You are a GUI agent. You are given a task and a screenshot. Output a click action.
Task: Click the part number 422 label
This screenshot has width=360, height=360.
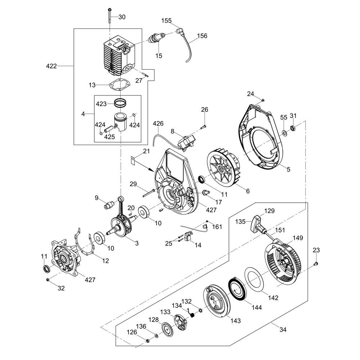51,66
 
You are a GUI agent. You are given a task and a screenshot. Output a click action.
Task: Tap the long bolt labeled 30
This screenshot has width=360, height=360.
108,20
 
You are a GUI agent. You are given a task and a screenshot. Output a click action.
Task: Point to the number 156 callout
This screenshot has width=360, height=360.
202,36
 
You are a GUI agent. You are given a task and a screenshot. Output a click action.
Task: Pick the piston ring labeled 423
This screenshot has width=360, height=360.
121,102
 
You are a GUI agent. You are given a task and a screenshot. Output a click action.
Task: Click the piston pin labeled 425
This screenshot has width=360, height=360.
108,128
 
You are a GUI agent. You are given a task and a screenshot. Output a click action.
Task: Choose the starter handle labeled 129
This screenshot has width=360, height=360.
258,221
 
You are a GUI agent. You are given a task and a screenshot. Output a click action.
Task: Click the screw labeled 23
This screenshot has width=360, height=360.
316,264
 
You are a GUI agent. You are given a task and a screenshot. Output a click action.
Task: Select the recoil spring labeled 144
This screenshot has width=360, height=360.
237,288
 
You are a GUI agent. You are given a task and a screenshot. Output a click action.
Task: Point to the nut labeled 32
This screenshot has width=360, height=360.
48,280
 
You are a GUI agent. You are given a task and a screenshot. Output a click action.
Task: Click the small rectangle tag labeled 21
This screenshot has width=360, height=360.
132,160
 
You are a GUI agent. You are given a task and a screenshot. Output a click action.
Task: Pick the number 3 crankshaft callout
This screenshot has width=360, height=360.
137,243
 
